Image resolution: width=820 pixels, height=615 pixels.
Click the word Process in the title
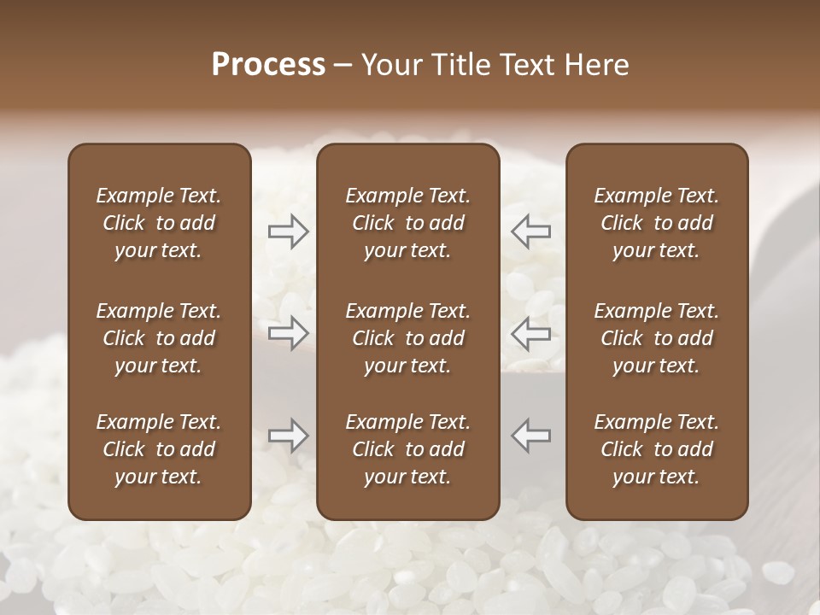tap(268, 65)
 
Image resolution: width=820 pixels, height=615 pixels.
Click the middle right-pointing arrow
tap(288, 331)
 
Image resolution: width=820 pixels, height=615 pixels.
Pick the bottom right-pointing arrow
tap(288, 435)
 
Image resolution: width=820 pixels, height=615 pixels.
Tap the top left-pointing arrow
tap(530, 231)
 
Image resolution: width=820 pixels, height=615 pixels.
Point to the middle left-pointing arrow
tap(530, 331)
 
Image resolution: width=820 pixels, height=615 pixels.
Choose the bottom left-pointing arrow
tap(530, 435)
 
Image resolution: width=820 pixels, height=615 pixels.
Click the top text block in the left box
tap(159, 223)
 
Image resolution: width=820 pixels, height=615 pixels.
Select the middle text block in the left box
tap(159, 338)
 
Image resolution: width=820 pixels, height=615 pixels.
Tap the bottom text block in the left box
tap(159, 449)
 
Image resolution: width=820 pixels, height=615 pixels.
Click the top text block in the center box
tap(407, 223)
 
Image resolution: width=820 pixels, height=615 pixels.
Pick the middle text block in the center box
tap(407, 338)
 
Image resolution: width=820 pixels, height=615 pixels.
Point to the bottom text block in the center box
tap(407, 449)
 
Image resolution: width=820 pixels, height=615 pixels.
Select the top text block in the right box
tap(656, 223)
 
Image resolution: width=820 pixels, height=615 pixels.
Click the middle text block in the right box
tap(656, 338)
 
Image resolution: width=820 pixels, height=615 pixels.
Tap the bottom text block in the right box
tap(656, 449)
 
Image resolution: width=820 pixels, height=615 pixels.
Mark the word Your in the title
tap(389, 65)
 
